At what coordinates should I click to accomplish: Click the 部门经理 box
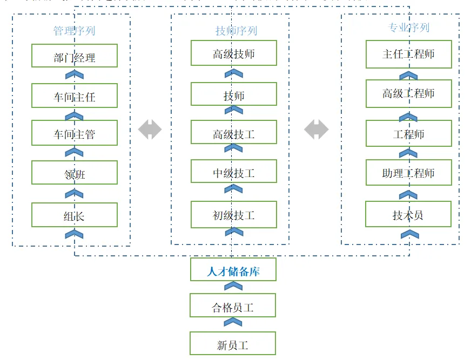(75, 56)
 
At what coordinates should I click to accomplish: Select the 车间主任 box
(75, 96)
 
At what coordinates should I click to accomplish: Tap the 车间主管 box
(75, 133)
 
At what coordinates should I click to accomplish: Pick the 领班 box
(75, 173)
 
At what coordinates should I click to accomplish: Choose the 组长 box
(75, 215)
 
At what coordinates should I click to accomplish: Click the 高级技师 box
(233, 53)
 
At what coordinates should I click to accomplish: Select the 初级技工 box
(233, 214)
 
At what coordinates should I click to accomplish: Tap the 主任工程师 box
(408, 53)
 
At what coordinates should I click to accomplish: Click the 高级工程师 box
(408, 93)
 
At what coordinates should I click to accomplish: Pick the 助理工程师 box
(408, 172)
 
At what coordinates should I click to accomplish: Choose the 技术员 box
(408, 214)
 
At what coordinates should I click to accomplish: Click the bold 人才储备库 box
(233, 270)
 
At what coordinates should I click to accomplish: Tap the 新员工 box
(233, 344)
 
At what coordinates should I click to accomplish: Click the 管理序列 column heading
(74, 30)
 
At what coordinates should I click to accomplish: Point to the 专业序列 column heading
(408, 27)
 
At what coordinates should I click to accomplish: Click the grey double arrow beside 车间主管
(150, 130)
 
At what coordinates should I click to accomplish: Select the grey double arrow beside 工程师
(316, 130)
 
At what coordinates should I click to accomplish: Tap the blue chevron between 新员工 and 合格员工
(233, 322)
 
